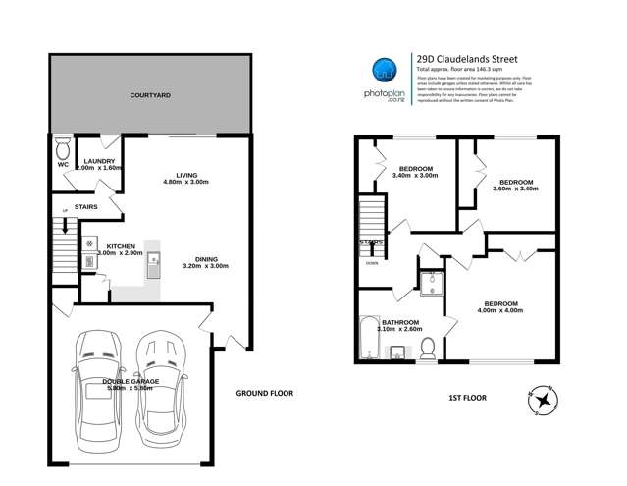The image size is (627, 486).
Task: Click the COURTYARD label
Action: click(x=151, y=96)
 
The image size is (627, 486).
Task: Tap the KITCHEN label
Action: click(x=121, y=245)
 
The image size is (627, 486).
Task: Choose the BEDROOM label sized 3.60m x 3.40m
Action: click(x=515, y=183)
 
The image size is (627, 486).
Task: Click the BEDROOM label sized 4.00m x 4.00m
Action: click(x=500, y=305)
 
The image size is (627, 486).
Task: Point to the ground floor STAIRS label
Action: click(x=72, y=208)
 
